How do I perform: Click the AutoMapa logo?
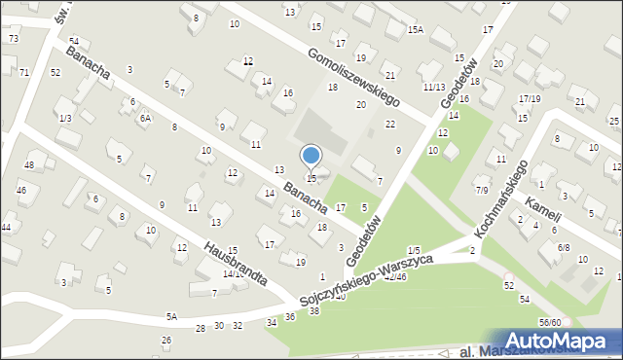click(561, 340)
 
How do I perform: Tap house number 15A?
click(416, 30)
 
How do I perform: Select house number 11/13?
click(433, 88)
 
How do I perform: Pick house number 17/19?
click(530, 98)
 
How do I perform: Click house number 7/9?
click(482, 191)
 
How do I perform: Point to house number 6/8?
click(564, 247)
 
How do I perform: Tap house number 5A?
click(171, 316)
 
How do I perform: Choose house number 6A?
click(145, 118)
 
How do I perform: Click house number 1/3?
click(65, 118)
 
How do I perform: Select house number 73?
click(13, 38)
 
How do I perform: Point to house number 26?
click(166, 340)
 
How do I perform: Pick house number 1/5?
click(414, 251)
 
